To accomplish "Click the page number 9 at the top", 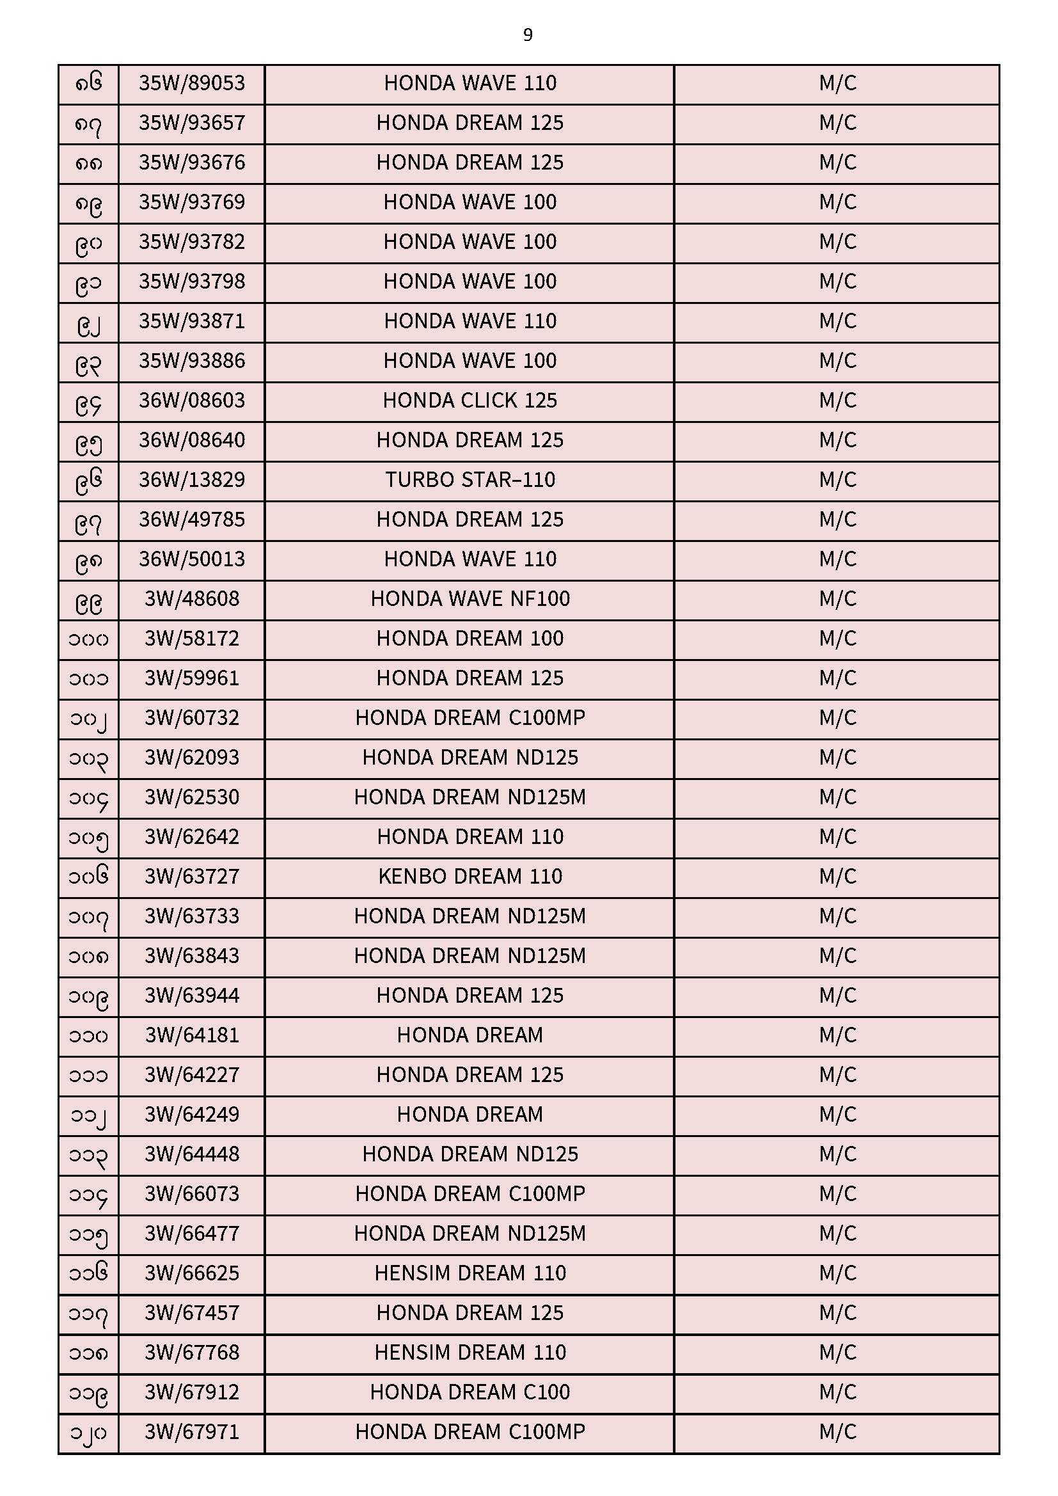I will pyautogui.click(x=528, y=35).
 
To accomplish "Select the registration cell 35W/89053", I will pyautogui.click(x=191, y=83).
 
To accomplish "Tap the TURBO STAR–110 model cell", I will pyautogui.click(x=470, y=480).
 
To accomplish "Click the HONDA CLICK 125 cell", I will pyautogui.click(x=470, y=401).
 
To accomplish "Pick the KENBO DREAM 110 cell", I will pyautogui.click(x=470, y=877).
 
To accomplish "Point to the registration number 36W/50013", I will pyautogui.click(x=191, y=559).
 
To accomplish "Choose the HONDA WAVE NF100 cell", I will pyautogui.click(x=470, y=599).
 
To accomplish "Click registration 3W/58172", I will pyautogui.click(x=191, y=639).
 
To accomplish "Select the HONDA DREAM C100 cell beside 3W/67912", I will pyautogui.click(x=470, y=1392).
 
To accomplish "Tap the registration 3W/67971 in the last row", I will pyautogui.click(x=191, y=1432).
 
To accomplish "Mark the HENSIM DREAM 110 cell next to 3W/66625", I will pyautogui.click(x=470, y=1273).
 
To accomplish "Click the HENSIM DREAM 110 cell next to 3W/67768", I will pyautogui.click(x=470, y=1353).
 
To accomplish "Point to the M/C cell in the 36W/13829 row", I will pyautogui.click(x=837, y=480).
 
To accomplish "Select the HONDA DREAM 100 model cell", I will pyautogui.click(x=470, y=639).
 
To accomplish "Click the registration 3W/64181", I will pyautogui.click(x=191, y=1035).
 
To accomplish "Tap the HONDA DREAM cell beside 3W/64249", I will pyautogui.click(x=470, y=1115).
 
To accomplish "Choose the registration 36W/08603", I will pyautogui.click(x=191, y=401).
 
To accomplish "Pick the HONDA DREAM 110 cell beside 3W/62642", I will pyautogui.click(x=470, y=836).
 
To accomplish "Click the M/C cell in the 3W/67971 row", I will pyautogui.click(x=837, y=1432).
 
